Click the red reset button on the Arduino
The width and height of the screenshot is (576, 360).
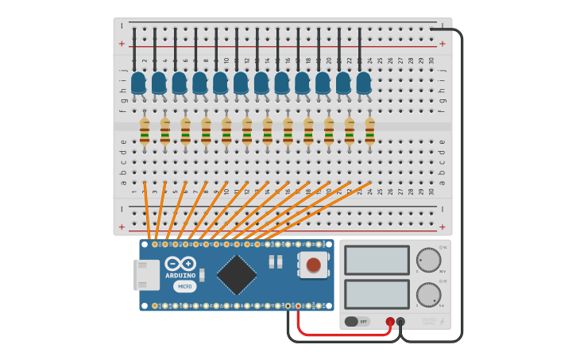[x=314, y=265]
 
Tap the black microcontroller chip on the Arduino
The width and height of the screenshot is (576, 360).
[x=237, y=274]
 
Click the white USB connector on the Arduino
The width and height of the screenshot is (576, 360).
[x=146, y=275]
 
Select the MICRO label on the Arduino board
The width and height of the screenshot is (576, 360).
[x=184, y=286]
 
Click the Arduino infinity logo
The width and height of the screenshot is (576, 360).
[x=180, y=264]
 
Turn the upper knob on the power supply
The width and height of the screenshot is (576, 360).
[x=428, y=260]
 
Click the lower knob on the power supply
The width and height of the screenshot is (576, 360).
[x=428, y=295]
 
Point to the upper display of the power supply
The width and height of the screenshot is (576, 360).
[x=377, y=260]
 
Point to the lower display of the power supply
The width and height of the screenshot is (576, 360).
[x=377, y=294]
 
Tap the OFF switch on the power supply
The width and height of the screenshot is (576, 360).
[x=357, y=322]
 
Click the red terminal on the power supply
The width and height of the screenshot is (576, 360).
[x=390, y=322]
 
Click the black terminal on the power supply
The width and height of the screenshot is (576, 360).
[x=400, y=322]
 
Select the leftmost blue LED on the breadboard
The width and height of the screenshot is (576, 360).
[x=138, y=83]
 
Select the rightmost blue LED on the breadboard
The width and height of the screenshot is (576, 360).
[x=363, y=83]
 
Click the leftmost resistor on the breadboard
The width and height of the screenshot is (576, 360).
[x=145, y=131]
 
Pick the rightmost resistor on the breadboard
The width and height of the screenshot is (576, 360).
[x=369, y=131]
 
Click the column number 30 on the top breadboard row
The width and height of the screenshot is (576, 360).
[x=431, y=60]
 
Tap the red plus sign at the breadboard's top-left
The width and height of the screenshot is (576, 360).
[x=122, y=44]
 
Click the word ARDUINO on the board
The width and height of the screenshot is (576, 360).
[x=180, y=276]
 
